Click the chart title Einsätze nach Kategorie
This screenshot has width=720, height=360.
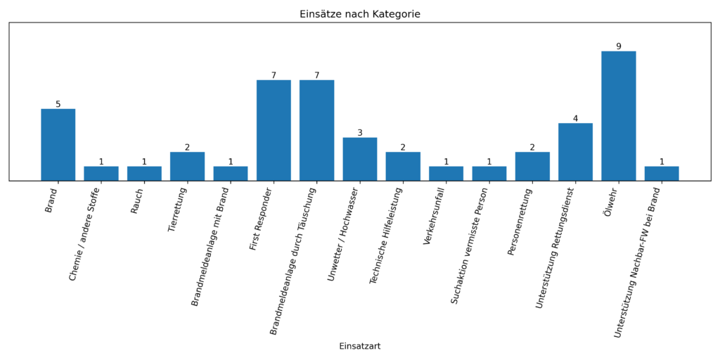(359, 14)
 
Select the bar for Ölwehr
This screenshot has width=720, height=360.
(618, 116)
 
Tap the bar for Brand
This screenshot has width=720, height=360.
(58, 145)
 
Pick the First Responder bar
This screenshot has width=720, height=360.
(274, 130)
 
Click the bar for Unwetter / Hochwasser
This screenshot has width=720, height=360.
(359, 159)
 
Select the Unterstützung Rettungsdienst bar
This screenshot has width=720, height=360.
(575, 152)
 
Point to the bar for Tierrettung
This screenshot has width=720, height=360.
(187, 167)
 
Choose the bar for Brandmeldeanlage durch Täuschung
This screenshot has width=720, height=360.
(316, 130)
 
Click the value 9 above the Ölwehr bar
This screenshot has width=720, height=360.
(619, 46)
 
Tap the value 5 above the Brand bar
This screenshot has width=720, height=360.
(58, 104)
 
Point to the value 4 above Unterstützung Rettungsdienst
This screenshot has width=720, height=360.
(575, 118)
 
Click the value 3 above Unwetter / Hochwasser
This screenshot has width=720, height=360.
(360, 133)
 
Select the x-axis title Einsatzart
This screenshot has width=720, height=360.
(359, 346)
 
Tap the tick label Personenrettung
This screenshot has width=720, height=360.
(522, 221)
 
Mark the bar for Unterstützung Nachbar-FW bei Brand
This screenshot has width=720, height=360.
(662, 174)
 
